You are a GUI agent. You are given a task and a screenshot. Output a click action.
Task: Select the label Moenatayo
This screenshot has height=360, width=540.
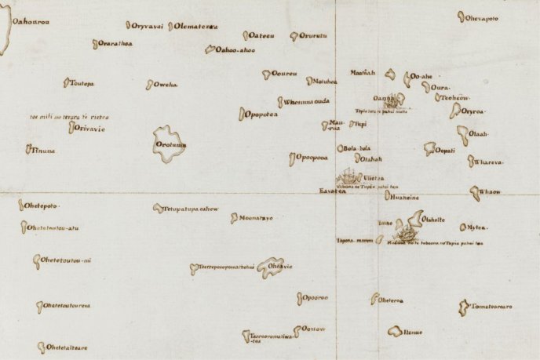256,217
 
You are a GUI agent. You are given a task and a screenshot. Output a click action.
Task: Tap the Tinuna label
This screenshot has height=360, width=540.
44,150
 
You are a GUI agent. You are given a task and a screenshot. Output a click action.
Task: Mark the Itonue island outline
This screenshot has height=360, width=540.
395,332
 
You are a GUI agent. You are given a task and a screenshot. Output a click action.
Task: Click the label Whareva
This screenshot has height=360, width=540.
490,163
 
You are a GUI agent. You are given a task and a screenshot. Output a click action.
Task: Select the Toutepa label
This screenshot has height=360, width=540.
82,83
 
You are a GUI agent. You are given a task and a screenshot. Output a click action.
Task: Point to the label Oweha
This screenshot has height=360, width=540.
166,85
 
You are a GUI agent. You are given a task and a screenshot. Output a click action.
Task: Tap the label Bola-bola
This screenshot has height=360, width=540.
357,147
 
